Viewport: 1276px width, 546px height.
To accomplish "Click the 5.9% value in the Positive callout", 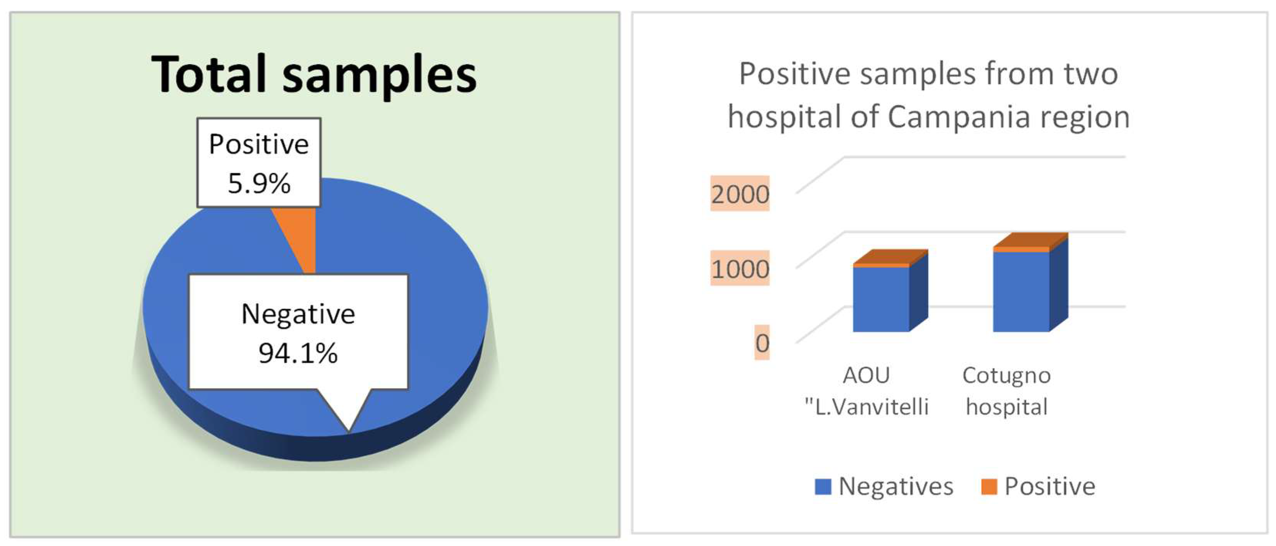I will (259, 183).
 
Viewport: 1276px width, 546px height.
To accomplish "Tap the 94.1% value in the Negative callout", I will (298, 353).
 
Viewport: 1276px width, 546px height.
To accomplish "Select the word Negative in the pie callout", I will (298, 314).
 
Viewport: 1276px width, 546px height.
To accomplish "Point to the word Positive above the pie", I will (259, 144).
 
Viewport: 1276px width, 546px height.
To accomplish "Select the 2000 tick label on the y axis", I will (740, 194).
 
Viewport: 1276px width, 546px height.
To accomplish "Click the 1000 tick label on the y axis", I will (740, 269).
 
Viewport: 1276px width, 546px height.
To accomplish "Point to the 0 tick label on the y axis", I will (762, 343).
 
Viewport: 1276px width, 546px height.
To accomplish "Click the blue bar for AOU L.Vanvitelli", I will (881, 299).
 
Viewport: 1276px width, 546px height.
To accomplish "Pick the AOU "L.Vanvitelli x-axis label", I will (866, 391).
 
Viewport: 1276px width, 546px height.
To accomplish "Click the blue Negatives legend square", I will (823, 487).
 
